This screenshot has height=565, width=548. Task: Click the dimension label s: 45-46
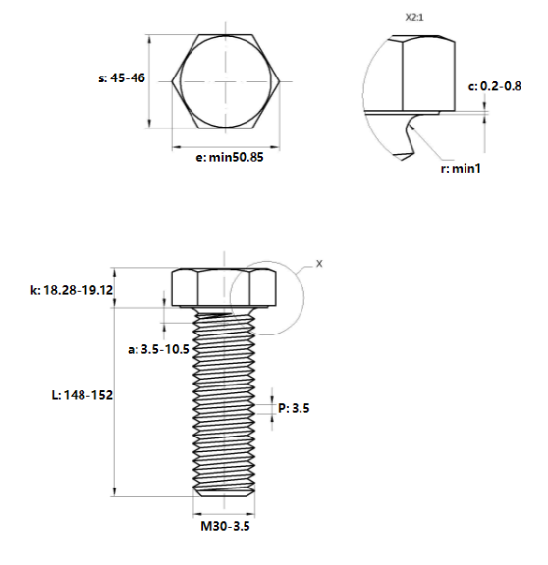pos(122,77)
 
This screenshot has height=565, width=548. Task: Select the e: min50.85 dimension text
pos(230,157)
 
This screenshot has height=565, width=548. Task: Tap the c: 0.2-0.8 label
pos(495,86)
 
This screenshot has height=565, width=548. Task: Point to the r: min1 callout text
pos(461,169)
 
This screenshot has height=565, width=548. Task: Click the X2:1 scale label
pos(414,18)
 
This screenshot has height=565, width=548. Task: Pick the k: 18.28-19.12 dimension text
pos(72,290)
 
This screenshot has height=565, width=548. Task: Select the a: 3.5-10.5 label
pos(158,349)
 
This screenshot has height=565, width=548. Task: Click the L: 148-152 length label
pos(82,395)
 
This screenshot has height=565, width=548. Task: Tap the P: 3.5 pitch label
pos(294,408)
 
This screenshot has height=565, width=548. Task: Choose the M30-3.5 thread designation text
pos(225,526)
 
